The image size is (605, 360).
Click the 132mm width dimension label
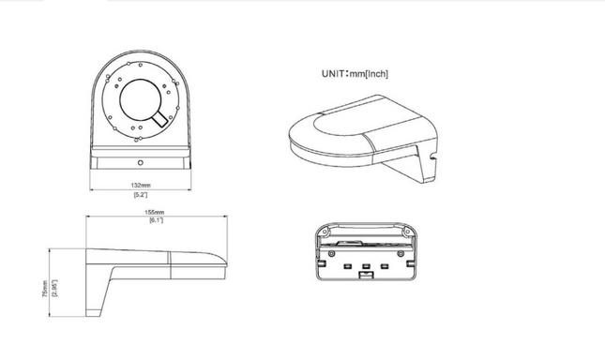point(141,186)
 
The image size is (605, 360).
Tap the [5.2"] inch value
point(141,195)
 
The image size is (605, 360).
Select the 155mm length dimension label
point(155,213)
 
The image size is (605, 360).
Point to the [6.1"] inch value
point(156,220)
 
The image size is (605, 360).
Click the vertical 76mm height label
point(44,289)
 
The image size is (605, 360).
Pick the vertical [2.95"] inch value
point(54,289)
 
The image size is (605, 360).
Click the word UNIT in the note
point(333,74)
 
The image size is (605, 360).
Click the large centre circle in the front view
point(140,80)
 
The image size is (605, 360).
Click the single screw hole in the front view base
point(141,163)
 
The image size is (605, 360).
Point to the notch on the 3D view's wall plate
point(432,157)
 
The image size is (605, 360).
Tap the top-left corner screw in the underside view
point(325,232)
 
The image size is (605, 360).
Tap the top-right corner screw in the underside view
point(406,232)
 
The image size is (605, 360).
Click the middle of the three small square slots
point(366,266)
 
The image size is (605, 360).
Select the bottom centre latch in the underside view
point(366,275)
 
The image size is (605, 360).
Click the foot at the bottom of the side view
point(93,313)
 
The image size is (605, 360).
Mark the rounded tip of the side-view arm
point(225,264)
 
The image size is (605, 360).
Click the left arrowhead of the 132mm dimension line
point(92,189)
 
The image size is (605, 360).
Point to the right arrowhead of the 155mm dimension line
point(225,217)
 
